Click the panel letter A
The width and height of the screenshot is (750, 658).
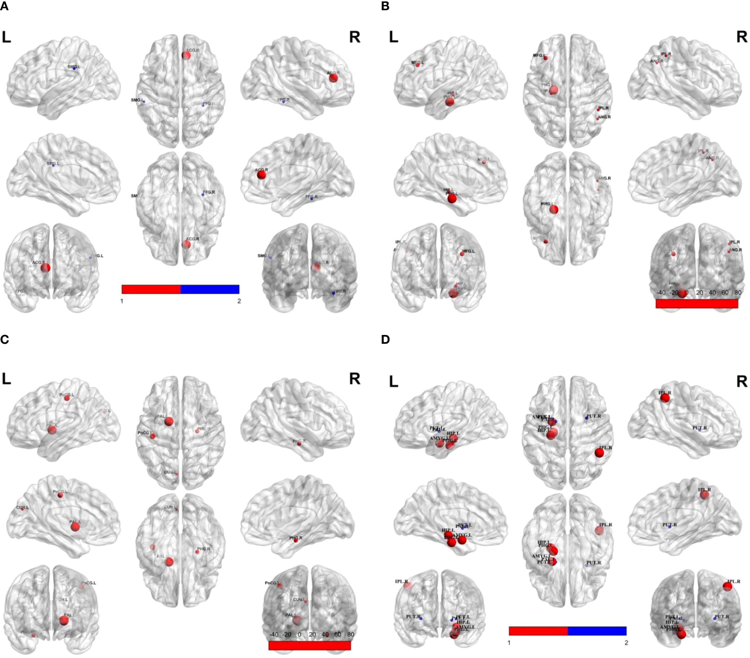click(x=4, y=6)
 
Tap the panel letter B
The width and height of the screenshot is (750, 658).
click(x=385, y=6)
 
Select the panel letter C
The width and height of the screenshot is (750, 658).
click(x=4, y=340)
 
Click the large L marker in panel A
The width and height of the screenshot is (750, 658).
click(x=6, y=37)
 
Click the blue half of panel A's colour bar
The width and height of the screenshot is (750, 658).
click(x=210, y=289)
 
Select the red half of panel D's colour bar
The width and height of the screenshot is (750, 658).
click(x=538, y=631)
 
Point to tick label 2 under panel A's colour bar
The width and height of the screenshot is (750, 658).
click(x=239, y=301)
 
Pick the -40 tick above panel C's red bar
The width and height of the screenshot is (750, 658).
click(x=274, y=634)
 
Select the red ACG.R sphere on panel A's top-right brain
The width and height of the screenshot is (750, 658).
click(x=333, y=78)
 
